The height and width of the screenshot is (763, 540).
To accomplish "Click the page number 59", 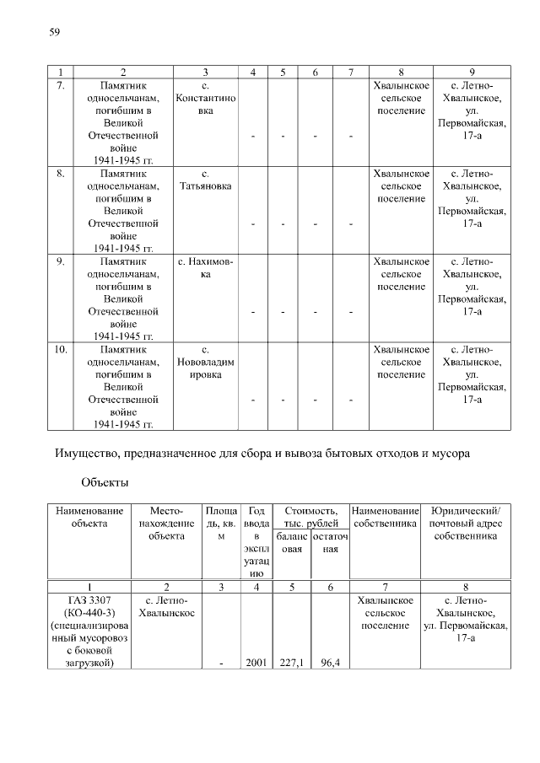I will click(x=54, y=32).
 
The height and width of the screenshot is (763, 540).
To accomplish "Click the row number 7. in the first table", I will click(x=60, y=86).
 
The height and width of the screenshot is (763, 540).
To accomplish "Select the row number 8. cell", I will click(x=60, y=174).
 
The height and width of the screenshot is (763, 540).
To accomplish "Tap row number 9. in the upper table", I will click(x=60, y=261).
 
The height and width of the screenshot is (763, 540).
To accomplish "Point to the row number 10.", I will click(x=60, y=349).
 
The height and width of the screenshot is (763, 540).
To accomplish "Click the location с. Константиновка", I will click(x=206, y=99).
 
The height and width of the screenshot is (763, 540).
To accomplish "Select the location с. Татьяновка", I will click(x=206, y=180).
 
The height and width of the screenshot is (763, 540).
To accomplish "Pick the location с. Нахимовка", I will click(x=206, y=268).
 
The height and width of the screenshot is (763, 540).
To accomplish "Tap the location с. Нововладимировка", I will click(x=206, y=362).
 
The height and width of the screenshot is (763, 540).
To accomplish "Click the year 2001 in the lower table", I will click(x=256, y=664).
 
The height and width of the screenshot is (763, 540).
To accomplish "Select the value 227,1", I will click(x=292, y=664).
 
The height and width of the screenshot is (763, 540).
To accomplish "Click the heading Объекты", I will click(x=105, y=483).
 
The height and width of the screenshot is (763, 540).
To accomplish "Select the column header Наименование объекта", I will click(x=89, y=517).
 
